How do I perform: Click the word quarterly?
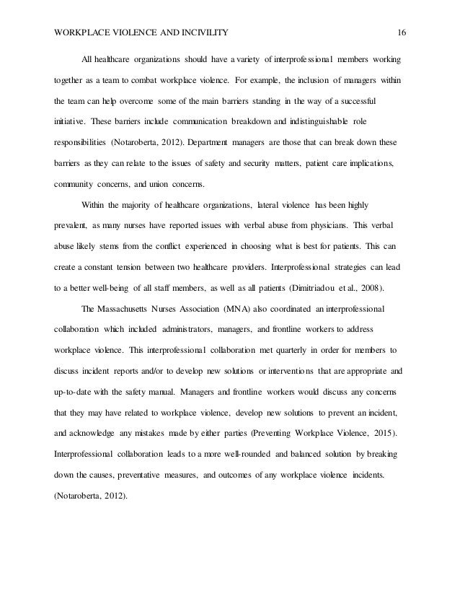coord(288,353)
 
